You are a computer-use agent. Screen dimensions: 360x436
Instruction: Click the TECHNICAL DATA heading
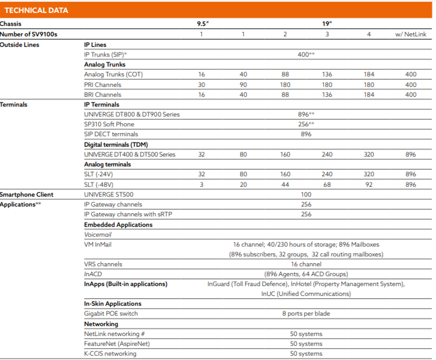pos(36,10)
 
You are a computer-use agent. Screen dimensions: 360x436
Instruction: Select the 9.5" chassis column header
pos(202,24)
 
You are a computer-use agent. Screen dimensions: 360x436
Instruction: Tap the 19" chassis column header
pos(327,24)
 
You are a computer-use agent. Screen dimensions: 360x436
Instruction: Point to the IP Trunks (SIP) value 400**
pos(306,55)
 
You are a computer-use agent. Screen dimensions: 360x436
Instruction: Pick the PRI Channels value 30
pos(202,84)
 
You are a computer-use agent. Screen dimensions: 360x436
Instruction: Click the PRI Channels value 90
pos(243,84)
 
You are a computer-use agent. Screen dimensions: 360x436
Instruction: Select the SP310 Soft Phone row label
pos(109,124)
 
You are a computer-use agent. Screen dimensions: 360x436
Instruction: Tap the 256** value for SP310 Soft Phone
pos(306,124)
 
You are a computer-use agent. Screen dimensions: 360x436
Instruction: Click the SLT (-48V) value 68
pos(327,184)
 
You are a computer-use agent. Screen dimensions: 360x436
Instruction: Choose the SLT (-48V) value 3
pos(202,184)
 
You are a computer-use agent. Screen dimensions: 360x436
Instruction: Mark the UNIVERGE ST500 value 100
pos(306,194)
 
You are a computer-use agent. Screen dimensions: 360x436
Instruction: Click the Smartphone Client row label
pos(27,194)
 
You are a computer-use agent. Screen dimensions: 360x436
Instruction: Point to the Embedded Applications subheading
pos(118,225)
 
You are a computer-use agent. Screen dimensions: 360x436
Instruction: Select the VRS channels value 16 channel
pos(306,264)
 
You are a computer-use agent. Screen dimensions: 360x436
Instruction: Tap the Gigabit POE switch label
pos(111,313)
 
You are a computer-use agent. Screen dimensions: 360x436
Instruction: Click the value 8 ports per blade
pos(306,313)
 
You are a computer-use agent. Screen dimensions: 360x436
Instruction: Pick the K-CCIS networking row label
pos(110,353)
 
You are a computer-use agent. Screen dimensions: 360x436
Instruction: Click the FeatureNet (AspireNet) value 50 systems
pos(306,344)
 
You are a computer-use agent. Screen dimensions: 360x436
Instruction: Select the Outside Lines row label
pos(20,45)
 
